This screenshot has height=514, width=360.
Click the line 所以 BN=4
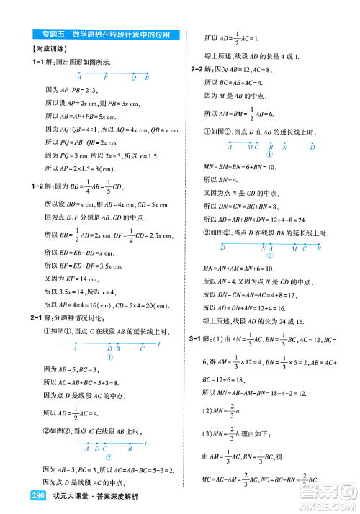(x=220, y=179)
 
